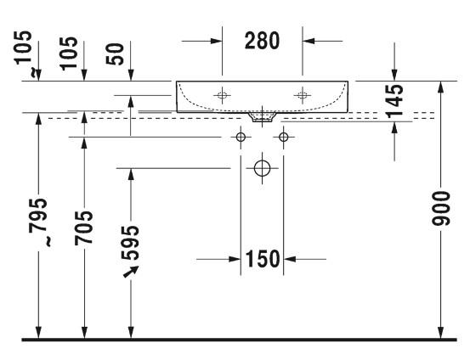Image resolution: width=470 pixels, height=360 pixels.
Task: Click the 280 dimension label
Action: click(x=263, y=41)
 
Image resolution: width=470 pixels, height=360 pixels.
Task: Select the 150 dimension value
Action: click(x=263, y=259)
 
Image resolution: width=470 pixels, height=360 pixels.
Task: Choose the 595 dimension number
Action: click(x=130, y=242)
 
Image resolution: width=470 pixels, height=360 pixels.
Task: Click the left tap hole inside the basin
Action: click(x=223, y=95)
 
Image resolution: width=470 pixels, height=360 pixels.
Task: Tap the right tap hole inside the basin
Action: click(x=302, y=95)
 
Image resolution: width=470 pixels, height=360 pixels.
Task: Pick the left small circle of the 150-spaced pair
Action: click(x=241, y=137)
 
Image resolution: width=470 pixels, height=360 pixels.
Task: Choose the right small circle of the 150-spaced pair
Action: click(x=283, y=137)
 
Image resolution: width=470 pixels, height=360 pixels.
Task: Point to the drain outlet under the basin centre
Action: click(x=263, y=116)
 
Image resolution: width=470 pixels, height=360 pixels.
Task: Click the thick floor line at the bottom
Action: click(x=235, y=340)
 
